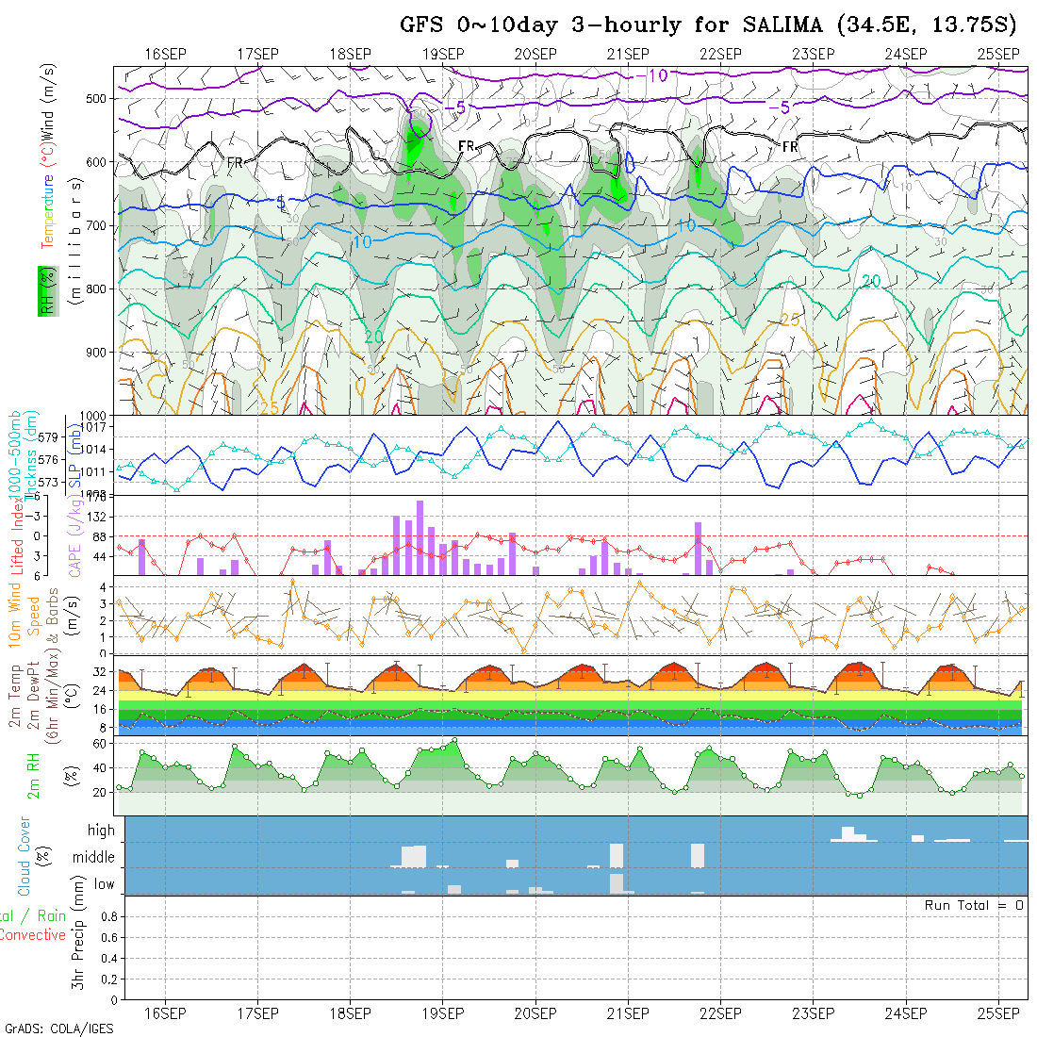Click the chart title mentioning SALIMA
(713, 25)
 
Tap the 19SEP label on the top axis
(442, 54)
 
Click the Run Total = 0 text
(974, 905)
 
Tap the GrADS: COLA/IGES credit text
(58, 1028)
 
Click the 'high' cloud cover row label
(101, 831)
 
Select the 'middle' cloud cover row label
(94, 858)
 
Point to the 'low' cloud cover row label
(104, 884)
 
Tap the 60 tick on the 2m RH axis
(98, 743)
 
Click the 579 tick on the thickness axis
(49, 437)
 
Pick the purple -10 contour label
(650, 75)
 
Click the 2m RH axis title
(34, 776)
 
